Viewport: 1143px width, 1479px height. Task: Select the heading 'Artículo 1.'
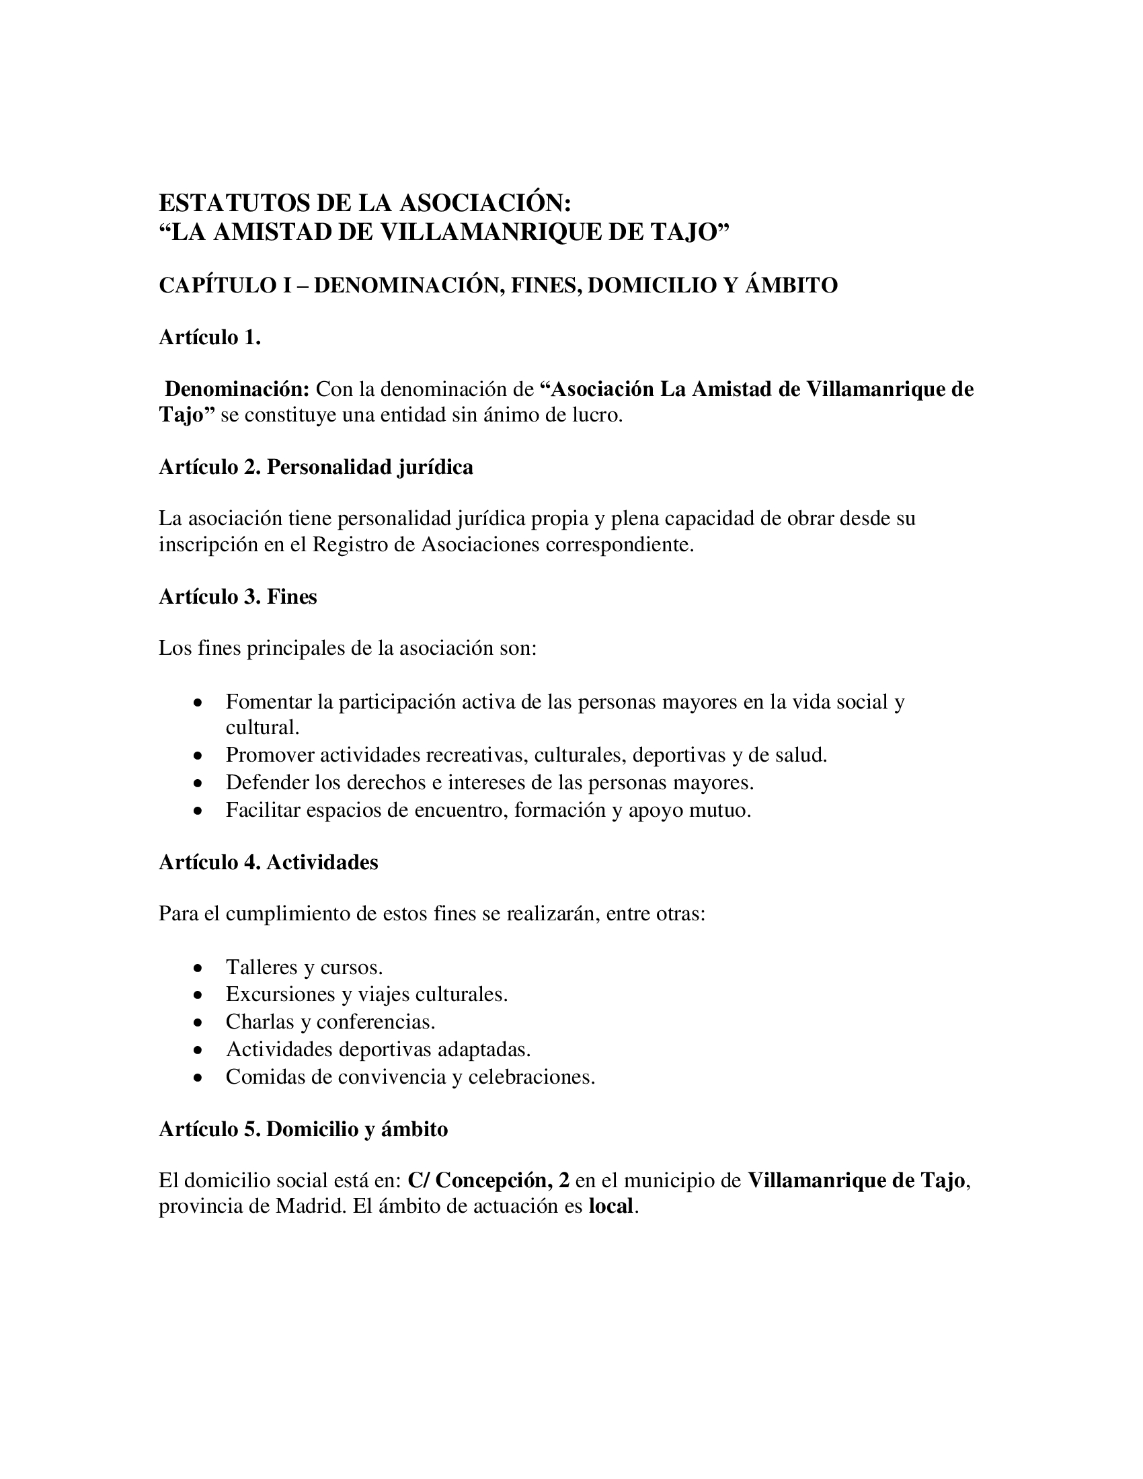210,337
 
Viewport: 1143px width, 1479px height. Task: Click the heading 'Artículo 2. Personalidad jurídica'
315,467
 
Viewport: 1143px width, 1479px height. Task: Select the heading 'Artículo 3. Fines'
237,596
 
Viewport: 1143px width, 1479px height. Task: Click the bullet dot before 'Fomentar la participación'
197,703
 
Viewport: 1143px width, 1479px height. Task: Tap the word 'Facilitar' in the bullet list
263,810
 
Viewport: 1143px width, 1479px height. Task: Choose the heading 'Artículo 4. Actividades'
268,862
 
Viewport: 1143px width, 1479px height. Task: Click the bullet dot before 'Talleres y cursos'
197,968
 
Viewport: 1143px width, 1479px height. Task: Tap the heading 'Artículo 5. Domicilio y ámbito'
303,1129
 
